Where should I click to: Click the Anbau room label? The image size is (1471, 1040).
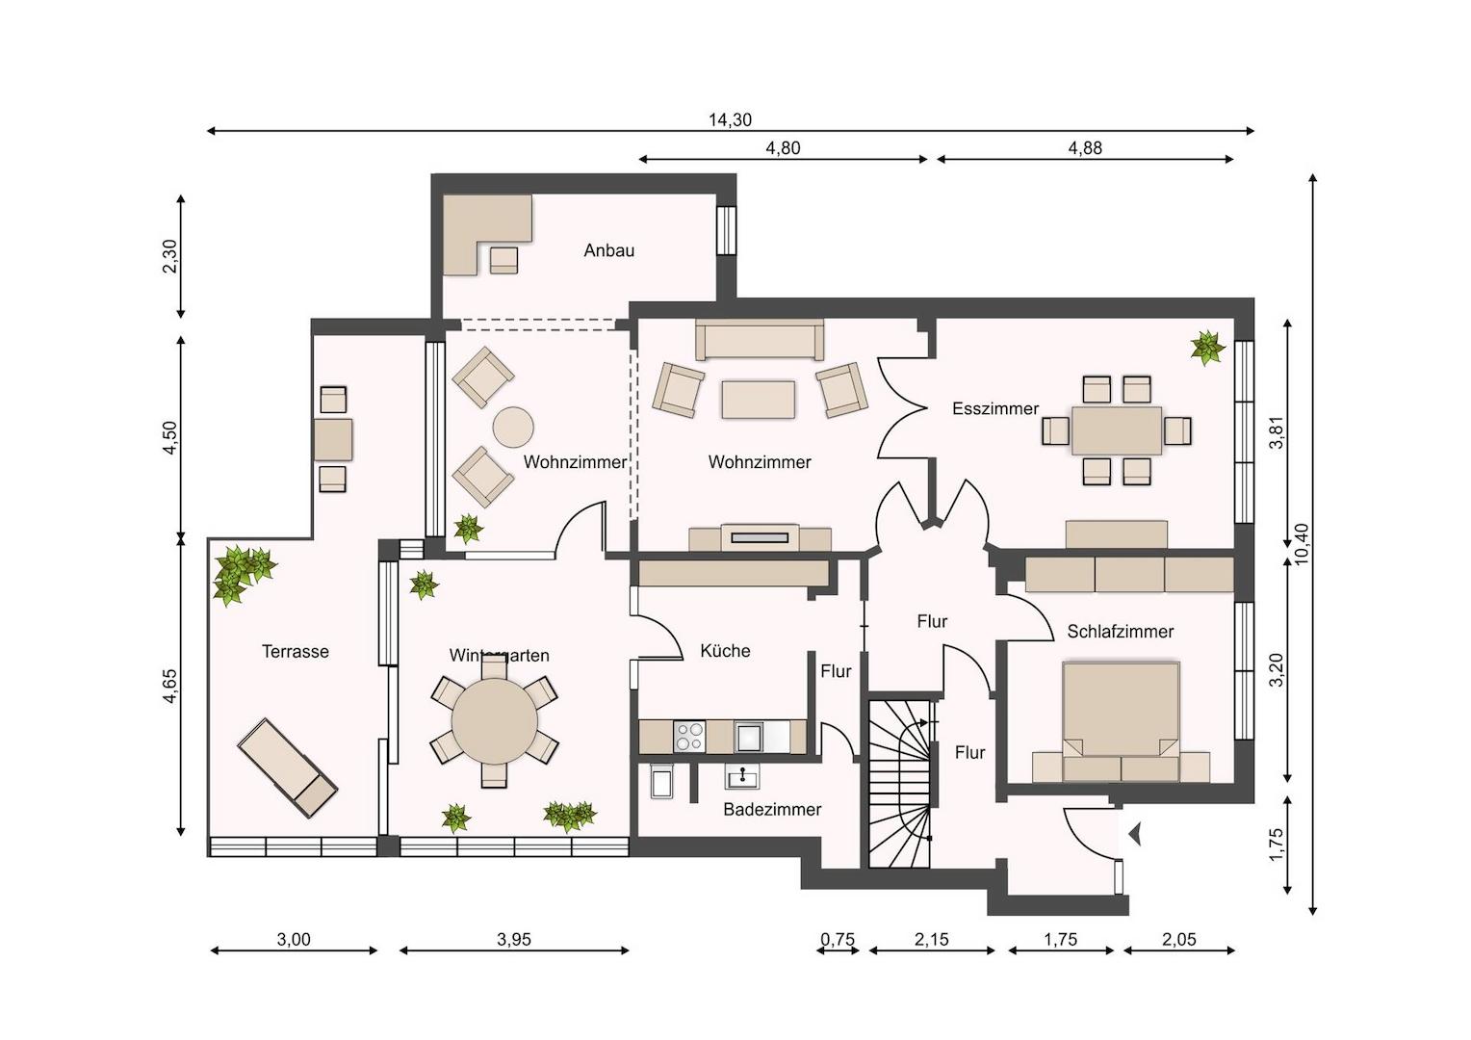click(608, 250)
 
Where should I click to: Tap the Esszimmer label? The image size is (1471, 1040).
click(994, 408)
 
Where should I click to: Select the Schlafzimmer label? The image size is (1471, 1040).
click(1120, 632)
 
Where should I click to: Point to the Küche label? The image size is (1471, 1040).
click(725, 650)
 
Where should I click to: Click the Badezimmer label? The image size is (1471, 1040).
click(772, 810)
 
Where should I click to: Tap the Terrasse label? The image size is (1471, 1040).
click(295, 651)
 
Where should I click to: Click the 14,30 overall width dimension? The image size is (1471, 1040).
click(730, 119)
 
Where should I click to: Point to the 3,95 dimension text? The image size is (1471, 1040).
click(513, 940)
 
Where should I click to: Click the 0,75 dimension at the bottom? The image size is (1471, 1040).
click(838, 940)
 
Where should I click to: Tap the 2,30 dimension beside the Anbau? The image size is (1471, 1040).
click(169, 256)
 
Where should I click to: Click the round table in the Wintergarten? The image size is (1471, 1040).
click(494, 720)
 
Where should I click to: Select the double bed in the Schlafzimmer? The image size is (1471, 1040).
click(1121, 720)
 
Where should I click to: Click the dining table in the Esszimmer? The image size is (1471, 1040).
click(1117, 430)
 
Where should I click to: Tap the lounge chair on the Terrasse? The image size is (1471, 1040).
click(287, 767)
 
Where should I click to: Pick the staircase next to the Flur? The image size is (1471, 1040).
click(900, 784)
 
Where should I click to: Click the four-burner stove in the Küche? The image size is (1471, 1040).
click(689, 737)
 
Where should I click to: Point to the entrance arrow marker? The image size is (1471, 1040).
click(1135, 835)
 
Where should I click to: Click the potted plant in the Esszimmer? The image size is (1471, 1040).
click(1207, 348)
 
